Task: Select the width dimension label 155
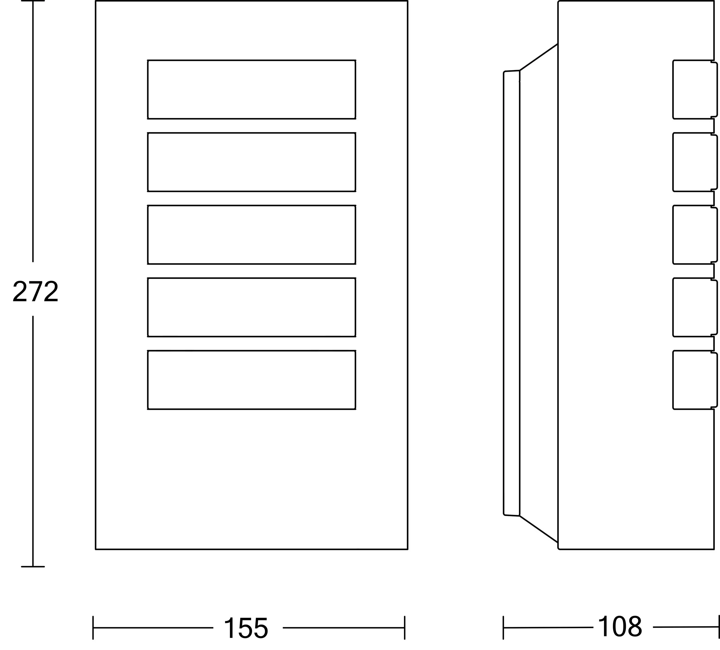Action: [246, 628]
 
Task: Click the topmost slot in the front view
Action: [251, 90]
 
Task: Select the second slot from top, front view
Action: [251, 162]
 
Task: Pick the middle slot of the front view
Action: [251, 235]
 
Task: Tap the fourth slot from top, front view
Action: [251, 307]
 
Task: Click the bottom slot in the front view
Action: [251, 380]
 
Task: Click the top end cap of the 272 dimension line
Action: [33, 1]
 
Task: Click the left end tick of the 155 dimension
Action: [93, 628]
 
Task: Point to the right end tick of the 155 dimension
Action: [405, 628]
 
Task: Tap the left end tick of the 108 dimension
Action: [503, 628]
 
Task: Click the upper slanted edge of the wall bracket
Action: [539, 57]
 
